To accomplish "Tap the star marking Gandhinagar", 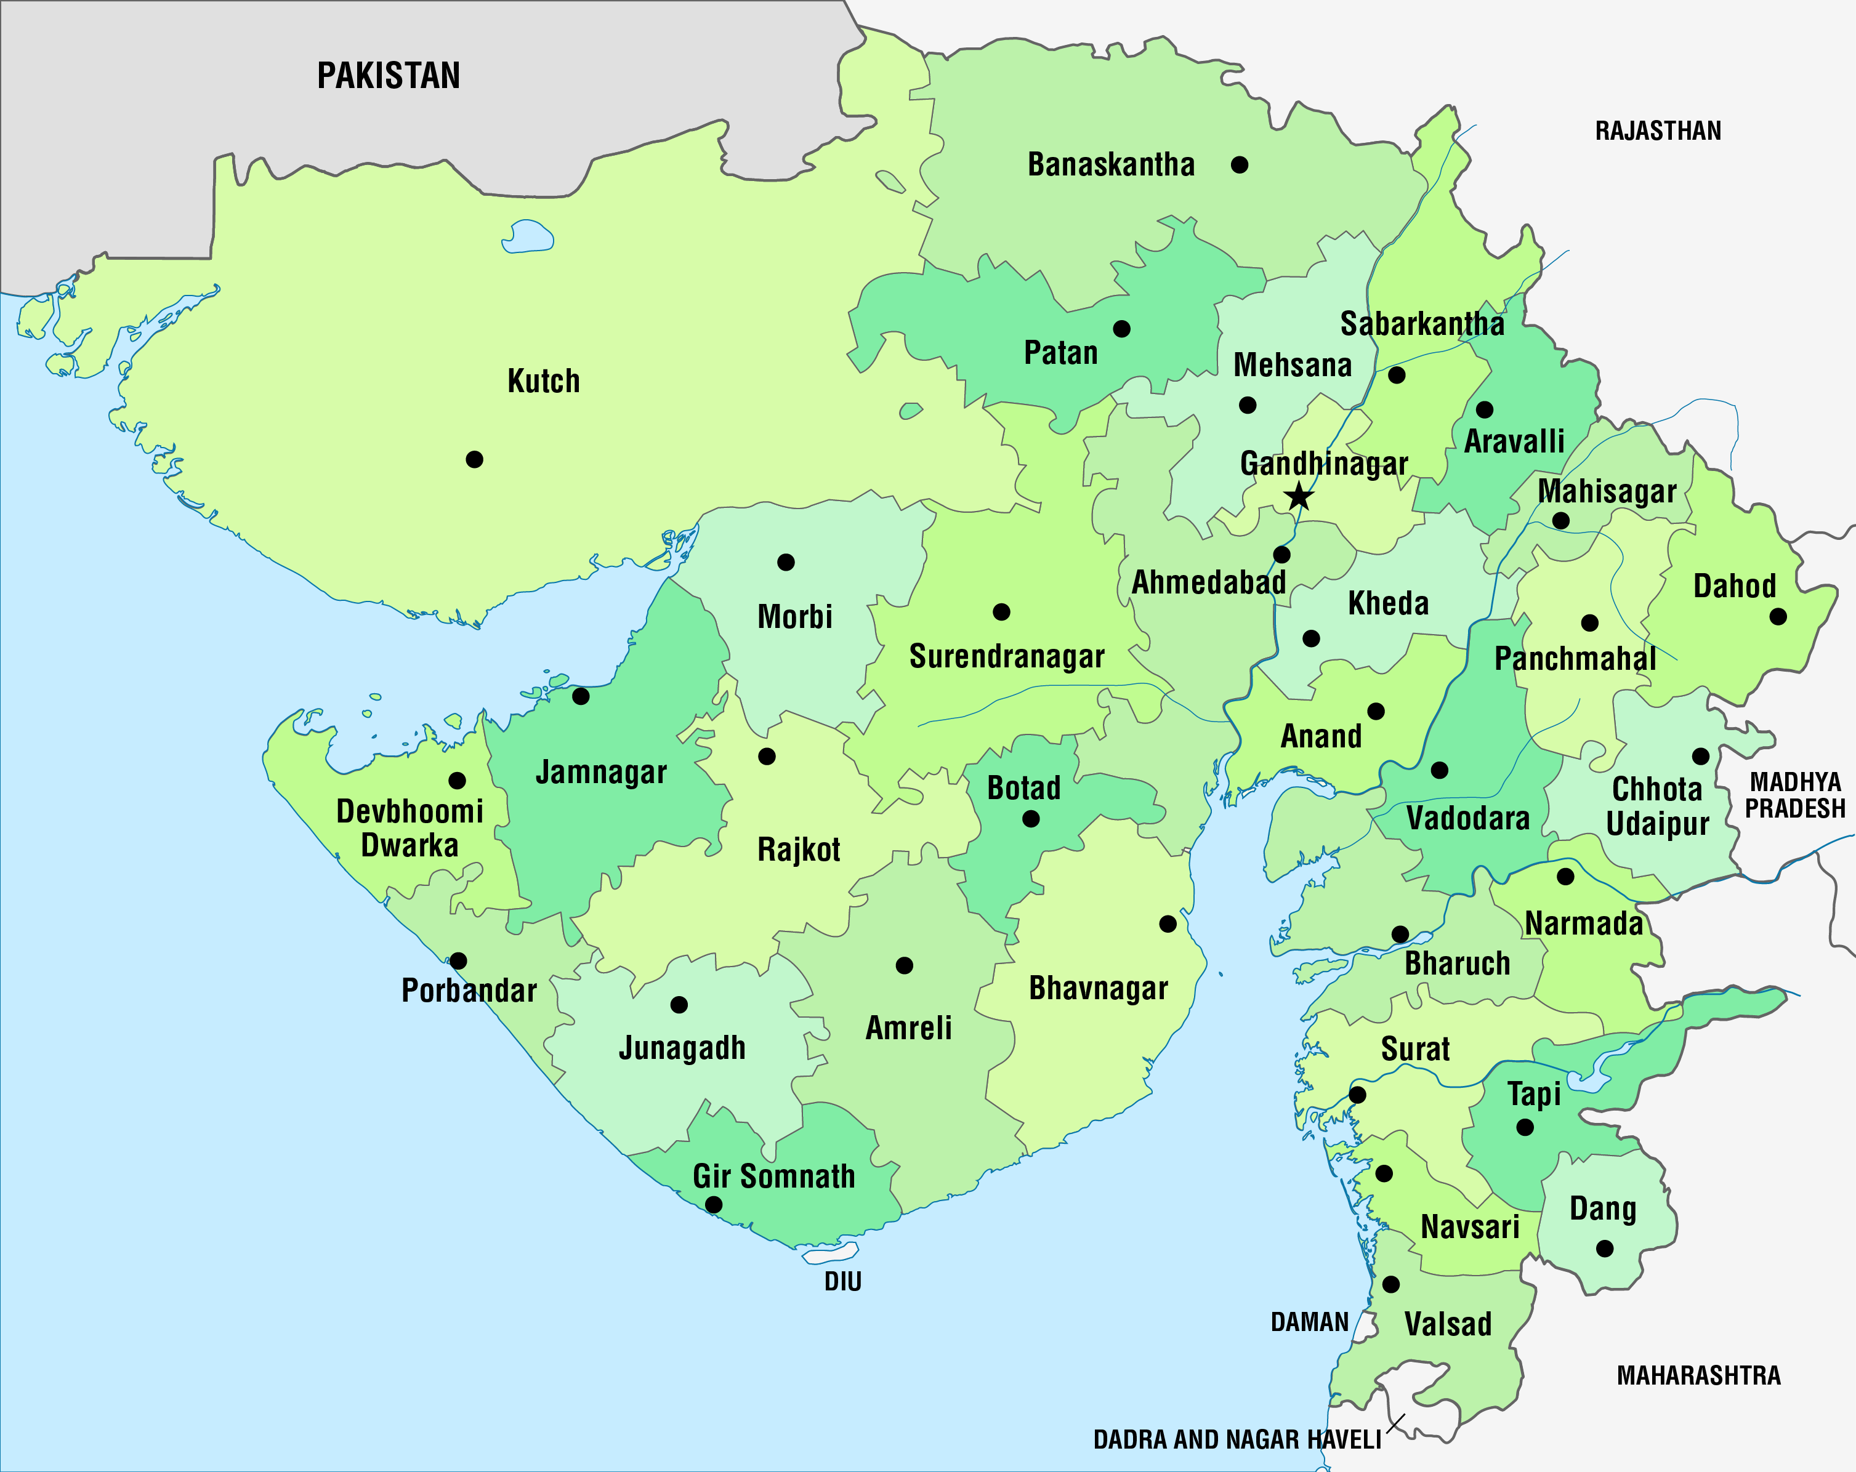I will pyautogui.click(x=1299, y=497).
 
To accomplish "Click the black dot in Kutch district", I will pyautogui.click(x=474, y=460).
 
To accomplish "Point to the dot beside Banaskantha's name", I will pyautogui.click(x=1240, y=164).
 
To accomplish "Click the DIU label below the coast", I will pyautogui.click(x=843, y=1282).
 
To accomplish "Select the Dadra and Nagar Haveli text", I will pyautogui.click(x=1237, y=1439).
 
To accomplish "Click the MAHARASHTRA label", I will pyautogui.click(x=1698, y=1375).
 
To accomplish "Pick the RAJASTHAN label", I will pyautogui.click(x=1658, y=131).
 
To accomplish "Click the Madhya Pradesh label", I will pyautogui.click(x=1795, y=795).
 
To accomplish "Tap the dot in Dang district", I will pyautogui.click(x=1605, y=1248).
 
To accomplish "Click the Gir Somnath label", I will pyautogui.click(x=774, y=1176).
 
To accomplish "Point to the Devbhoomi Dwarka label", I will pyautogui.click(x=410, y=828).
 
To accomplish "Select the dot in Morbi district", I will pyautogui.click(x=786, y=562).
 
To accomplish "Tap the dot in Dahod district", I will pyautogui.click(x=1778, y=616).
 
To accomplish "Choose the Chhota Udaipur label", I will pyautogui.click(x=1657, y=806).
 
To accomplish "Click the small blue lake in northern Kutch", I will pyautogui.click(x=527, y=236).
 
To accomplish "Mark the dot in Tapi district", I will pyautogui.click(x=1525, y=1127).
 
